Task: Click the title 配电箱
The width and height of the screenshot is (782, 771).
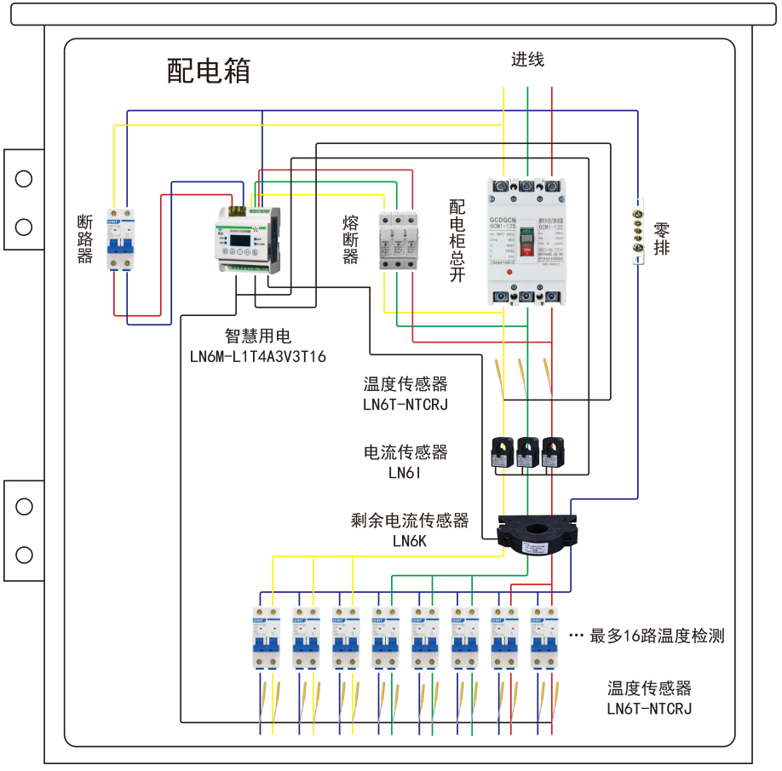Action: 209,71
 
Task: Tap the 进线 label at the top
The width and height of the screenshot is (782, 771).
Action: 527,60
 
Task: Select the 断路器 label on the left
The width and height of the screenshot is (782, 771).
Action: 84,239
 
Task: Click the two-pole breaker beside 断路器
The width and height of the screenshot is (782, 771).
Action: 121,239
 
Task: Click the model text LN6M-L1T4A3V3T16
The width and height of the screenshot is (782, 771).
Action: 258,356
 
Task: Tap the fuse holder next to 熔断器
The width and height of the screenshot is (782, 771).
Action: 399,241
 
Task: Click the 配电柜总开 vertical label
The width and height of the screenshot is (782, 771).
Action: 458,241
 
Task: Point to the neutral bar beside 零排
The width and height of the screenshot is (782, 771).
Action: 637,231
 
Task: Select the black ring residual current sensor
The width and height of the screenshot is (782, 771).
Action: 535,532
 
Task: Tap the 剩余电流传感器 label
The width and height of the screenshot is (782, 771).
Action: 410,521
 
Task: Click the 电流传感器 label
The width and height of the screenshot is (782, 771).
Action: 405,452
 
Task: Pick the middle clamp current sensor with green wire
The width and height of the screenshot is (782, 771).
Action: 528,452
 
